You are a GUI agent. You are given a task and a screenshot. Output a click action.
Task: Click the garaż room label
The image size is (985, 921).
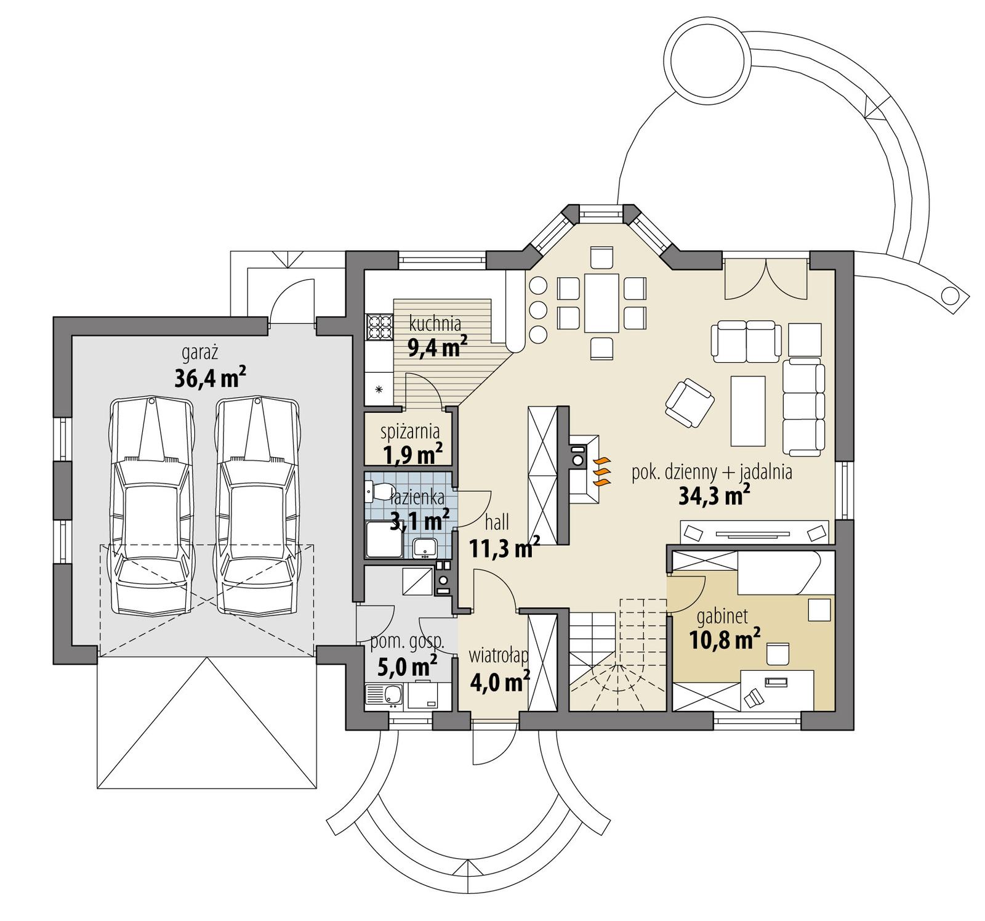200,352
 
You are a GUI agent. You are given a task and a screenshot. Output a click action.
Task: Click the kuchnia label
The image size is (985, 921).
435,323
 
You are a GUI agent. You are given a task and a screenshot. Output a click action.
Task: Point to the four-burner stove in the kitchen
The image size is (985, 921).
379,327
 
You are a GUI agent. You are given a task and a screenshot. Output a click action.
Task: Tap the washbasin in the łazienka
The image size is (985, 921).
424,546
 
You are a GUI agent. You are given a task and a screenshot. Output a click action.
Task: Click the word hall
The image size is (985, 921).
497,522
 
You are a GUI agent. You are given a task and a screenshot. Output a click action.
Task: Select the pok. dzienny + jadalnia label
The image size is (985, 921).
712,473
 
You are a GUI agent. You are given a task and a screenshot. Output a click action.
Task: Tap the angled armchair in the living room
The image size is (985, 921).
689,403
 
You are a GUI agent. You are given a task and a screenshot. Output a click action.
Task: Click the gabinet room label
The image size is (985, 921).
722,615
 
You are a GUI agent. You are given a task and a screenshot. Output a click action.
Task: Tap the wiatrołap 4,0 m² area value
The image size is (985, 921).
499,682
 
